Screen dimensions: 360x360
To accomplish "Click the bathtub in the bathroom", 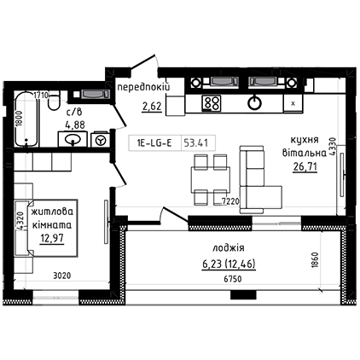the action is point(26,119).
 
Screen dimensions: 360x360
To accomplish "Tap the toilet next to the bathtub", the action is point(54,101).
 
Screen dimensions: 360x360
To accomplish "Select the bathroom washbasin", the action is point(73,139).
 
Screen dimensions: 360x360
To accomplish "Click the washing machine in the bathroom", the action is point(100,140).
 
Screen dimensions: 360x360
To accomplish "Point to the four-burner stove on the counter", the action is point(212,103).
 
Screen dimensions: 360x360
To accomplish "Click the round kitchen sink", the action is point(254,103).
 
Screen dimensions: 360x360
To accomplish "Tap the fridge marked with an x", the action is point(293,103).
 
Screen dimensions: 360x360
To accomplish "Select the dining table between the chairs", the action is point(211,180).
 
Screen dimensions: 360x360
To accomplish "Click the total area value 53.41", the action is point(195,142).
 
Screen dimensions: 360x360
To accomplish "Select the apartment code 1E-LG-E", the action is point(154,143).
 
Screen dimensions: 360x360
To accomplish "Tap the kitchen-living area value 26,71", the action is point(305,167).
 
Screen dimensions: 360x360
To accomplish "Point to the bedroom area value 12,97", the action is point(52,239).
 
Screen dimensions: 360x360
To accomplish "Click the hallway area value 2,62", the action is point(152,107).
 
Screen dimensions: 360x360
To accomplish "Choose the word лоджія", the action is point(229,248).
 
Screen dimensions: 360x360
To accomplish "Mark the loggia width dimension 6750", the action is point(233,279).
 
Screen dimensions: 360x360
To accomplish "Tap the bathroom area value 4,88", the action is point(74,125).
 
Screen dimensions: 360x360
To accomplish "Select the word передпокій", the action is point(144,87).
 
